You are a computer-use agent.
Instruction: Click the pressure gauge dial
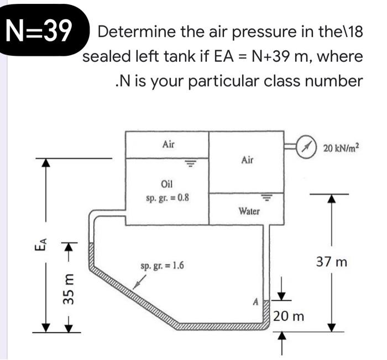305,147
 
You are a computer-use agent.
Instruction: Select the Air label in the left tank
169,144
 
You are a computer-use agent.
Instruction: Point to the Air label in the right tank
248,160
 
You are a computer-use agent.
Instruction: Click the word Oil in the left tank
167,184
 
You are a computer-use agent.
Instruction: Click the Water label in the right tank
249,211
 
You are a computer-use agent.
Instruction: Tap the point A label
255,301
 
